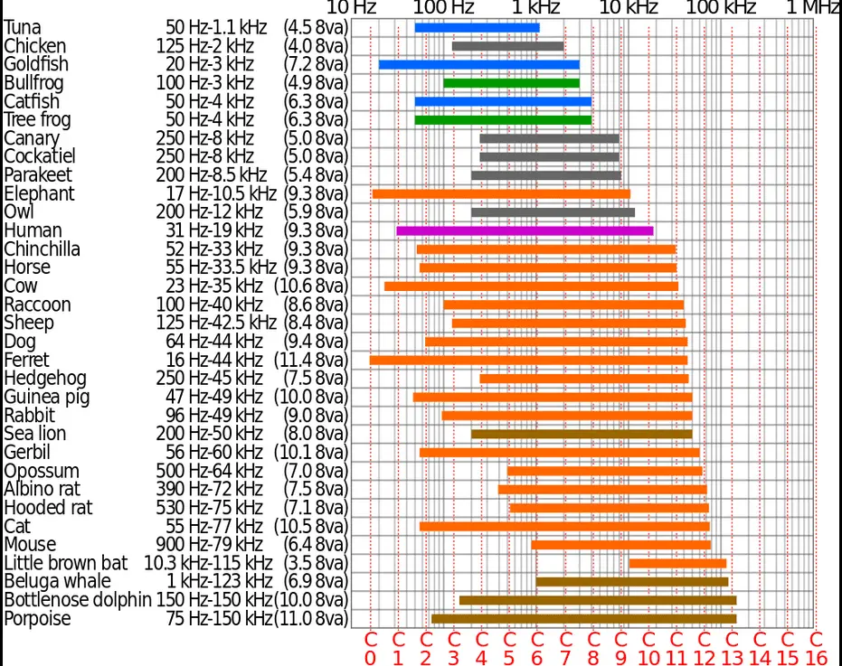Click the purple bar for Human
(525, 230)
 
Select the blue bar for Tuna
(477, 27)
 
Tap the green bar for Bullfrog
(511, 82)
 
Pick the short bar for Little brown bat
(677, 563)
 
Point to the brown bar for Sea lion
(582, 434)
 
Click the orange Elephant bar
(501, 193)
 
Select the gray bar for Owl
(553, 212)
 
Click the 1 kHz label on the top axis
(535, 8)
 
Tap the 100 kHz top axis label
(721, 8)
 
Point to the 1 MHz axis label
(812, 8)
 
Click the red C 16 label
(815, 649)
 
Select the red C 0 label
(369, 649)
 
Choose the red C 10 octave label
(648, 649)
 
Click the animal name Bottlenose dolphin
(77, 600)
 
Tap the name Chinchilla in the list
(42, 249)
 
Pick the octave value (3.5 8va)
(315, 563)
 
